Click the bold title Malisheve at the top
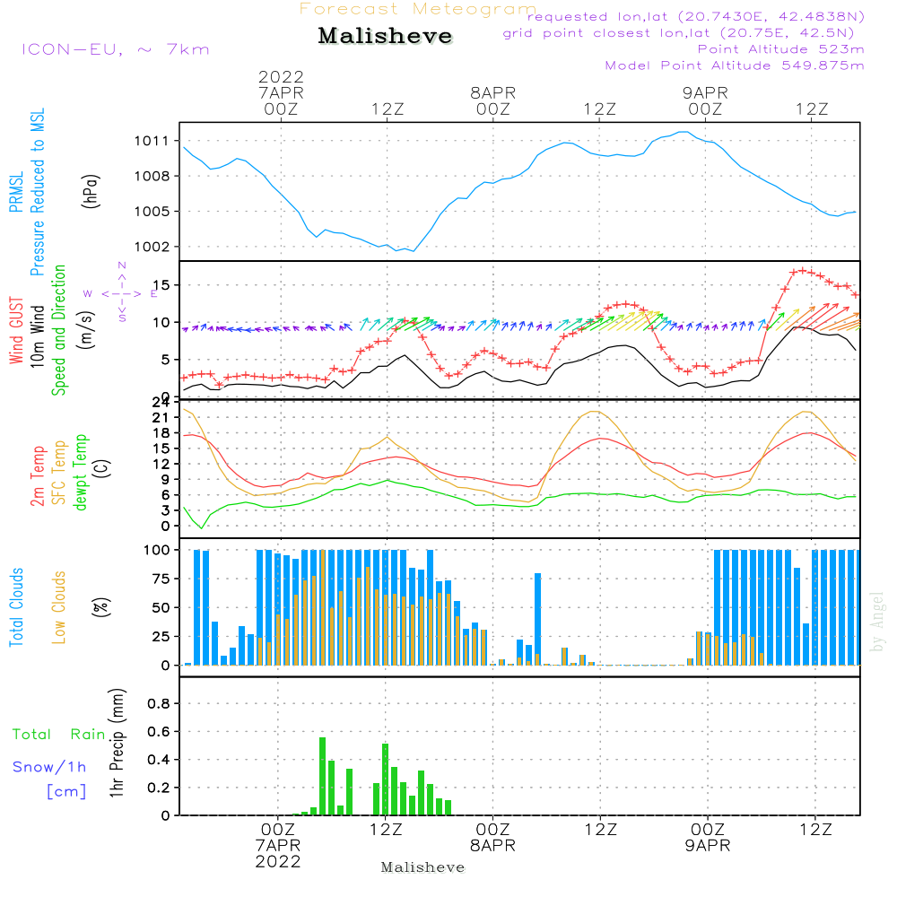[385, 37]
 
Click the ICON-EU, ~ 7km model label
[115, 49]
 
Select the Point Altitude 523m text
[780, 49]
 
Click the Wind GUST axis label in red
[16, 333]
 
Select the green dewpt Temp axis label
[80, 473]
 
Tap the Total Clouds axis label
[16, 607]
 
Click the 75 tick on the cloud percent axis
[158, 579]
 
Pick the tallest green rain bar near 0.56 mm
[322, 775]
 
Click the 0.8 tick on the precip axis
[158, 704]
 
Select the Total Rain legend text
[58, 735]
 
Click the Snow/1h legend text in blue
[50, 768]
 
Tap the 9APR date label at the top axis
[705, 92]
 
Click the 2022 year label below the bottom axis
[278, 862]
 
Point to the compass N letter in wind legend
[122, 266]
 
